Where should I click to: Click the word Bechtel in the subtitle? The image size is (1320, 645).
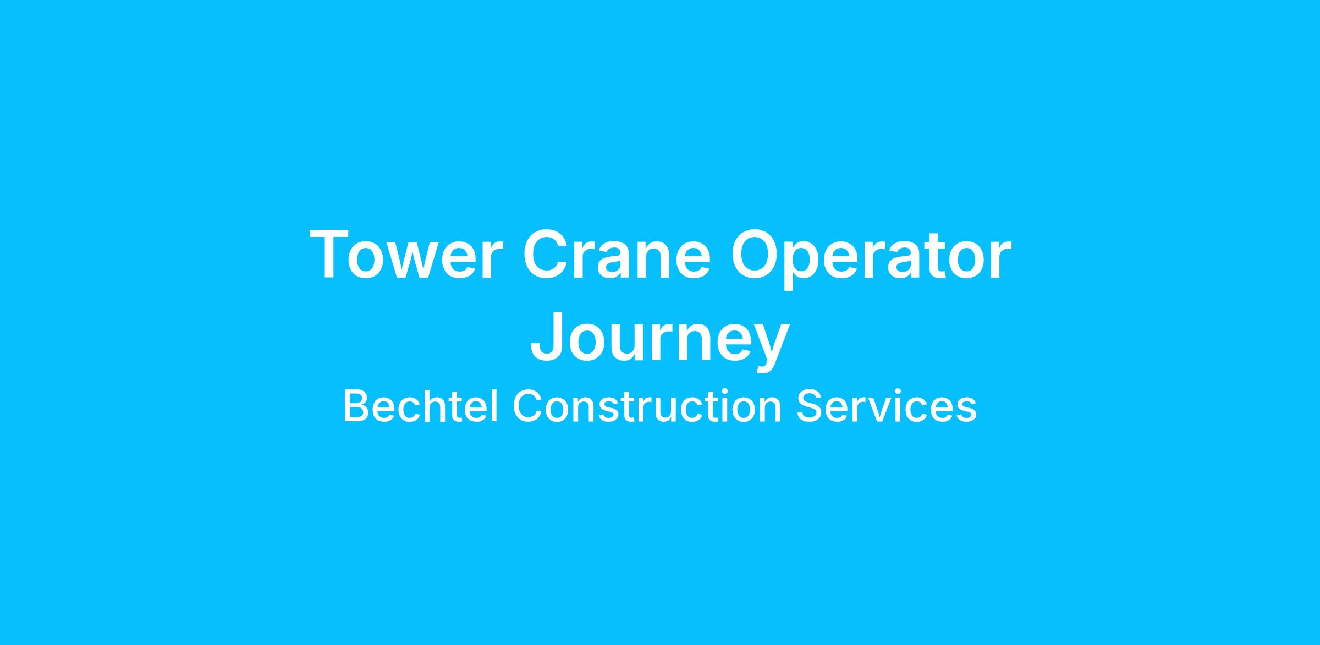421,407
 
